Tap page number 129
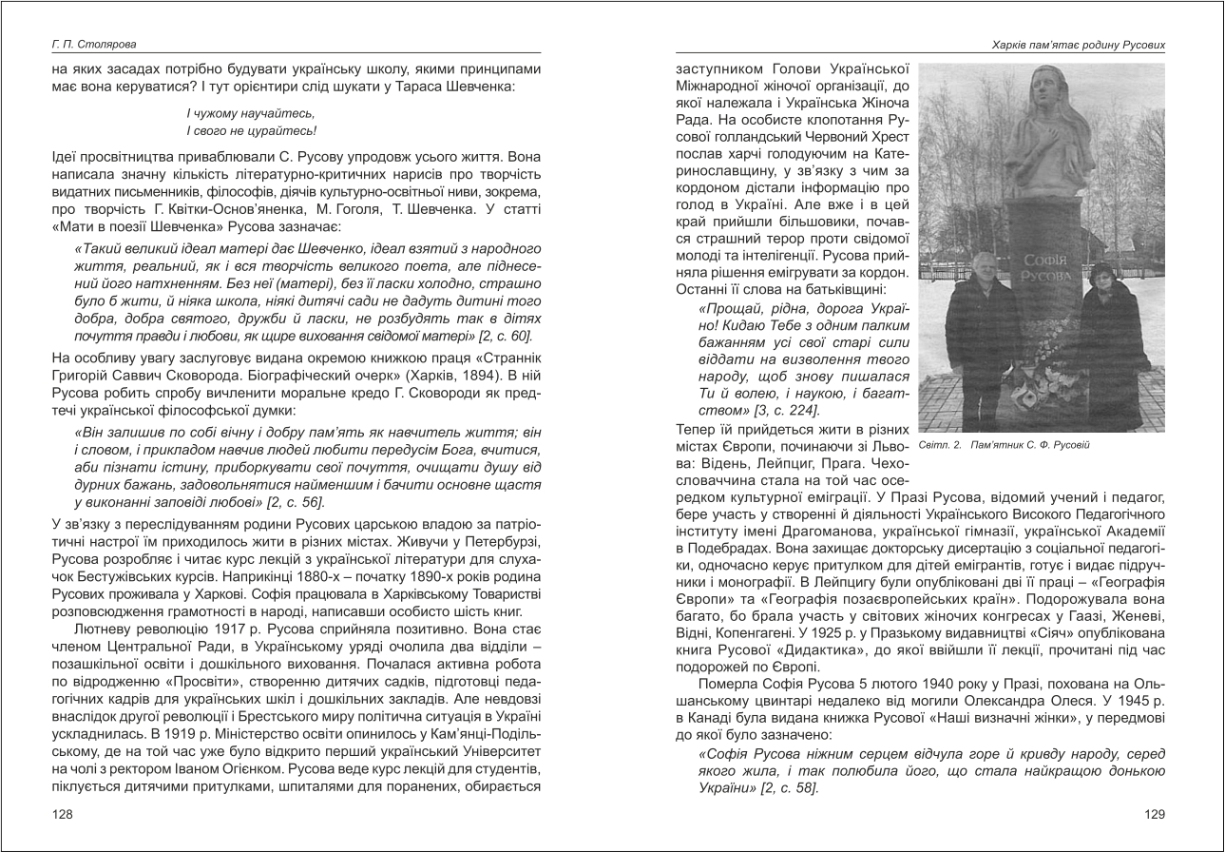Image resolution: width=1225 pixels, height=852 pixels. (1154, 814)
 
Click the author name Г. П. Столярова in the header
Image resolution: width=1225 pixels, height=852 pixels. (94, 45)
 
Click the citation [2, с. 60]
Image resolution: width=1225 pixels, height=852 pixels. (501, 336)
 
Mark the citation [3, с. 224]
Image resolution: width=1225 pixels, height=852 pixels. (785, 410)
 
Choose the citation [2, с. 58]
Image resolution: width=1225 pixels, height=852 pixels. (788, 788)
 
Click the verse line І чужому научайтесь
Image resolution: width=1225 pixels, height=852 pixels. (243, 113)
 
